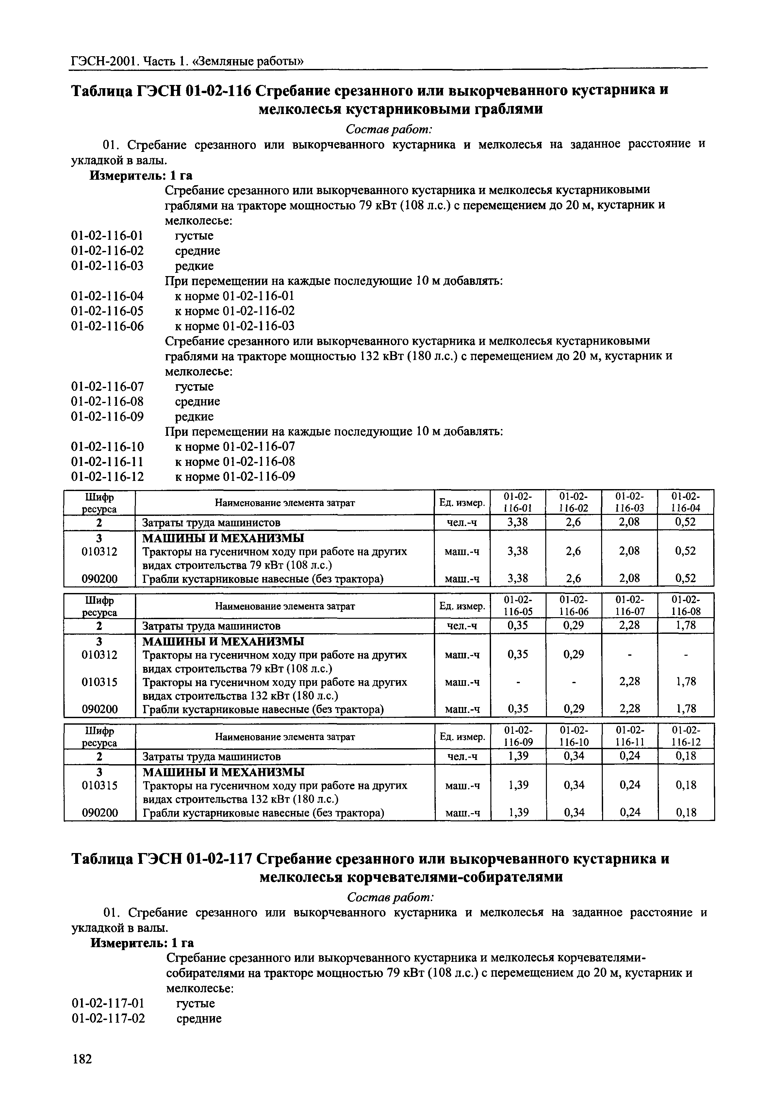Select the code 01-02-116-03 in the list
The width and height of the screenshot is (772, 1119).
pyautogui.click(x=107, y=266)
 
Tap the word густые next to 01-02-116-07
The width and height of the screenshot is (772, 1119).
pyautogui.click(x=194, y=387)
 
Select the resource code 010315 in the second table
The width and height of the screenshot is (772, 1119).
pyautogui.click(x=100, y=682)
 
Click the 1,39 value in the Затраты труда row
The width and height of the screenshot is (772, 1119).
pyautogui.click(x=518, y=756)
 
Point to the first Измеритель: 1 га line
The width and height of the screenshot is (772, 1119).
pyautogui.click(x=141, y=175)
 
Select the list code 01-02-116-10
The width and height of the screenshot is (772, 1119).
pyautogui.click(x=107, y=446)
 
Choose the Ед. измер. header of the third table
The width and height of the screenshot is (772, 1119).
pyautogui.click(x=462, y=736)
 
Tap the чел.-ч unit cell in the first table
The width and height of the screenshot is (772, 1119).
pyautogui.click(x=462, y=522)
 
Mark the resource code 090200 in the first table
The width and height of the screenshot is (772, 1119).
pyautogui.click(x=100, y=578)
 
